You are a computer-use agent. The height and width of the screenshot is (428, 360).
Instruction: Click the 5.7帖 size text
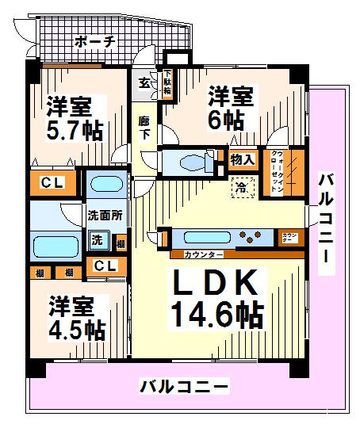[74, 129]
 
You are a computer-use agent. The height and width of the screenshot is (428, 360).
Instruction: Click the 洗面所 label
[103, 214]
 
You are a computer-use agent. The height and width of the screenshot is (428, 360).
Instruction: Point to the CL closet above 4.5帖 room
[104, 266]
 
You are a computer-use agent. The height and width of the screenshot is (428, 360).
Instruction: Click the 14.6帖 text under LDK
[215, 315]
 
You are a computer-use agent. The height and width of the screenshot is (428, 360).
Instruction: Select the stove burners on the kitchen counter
[255, 236]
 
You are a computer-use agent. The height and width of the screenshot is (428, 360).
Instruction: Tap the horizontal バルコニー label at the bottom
[185, 387]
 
